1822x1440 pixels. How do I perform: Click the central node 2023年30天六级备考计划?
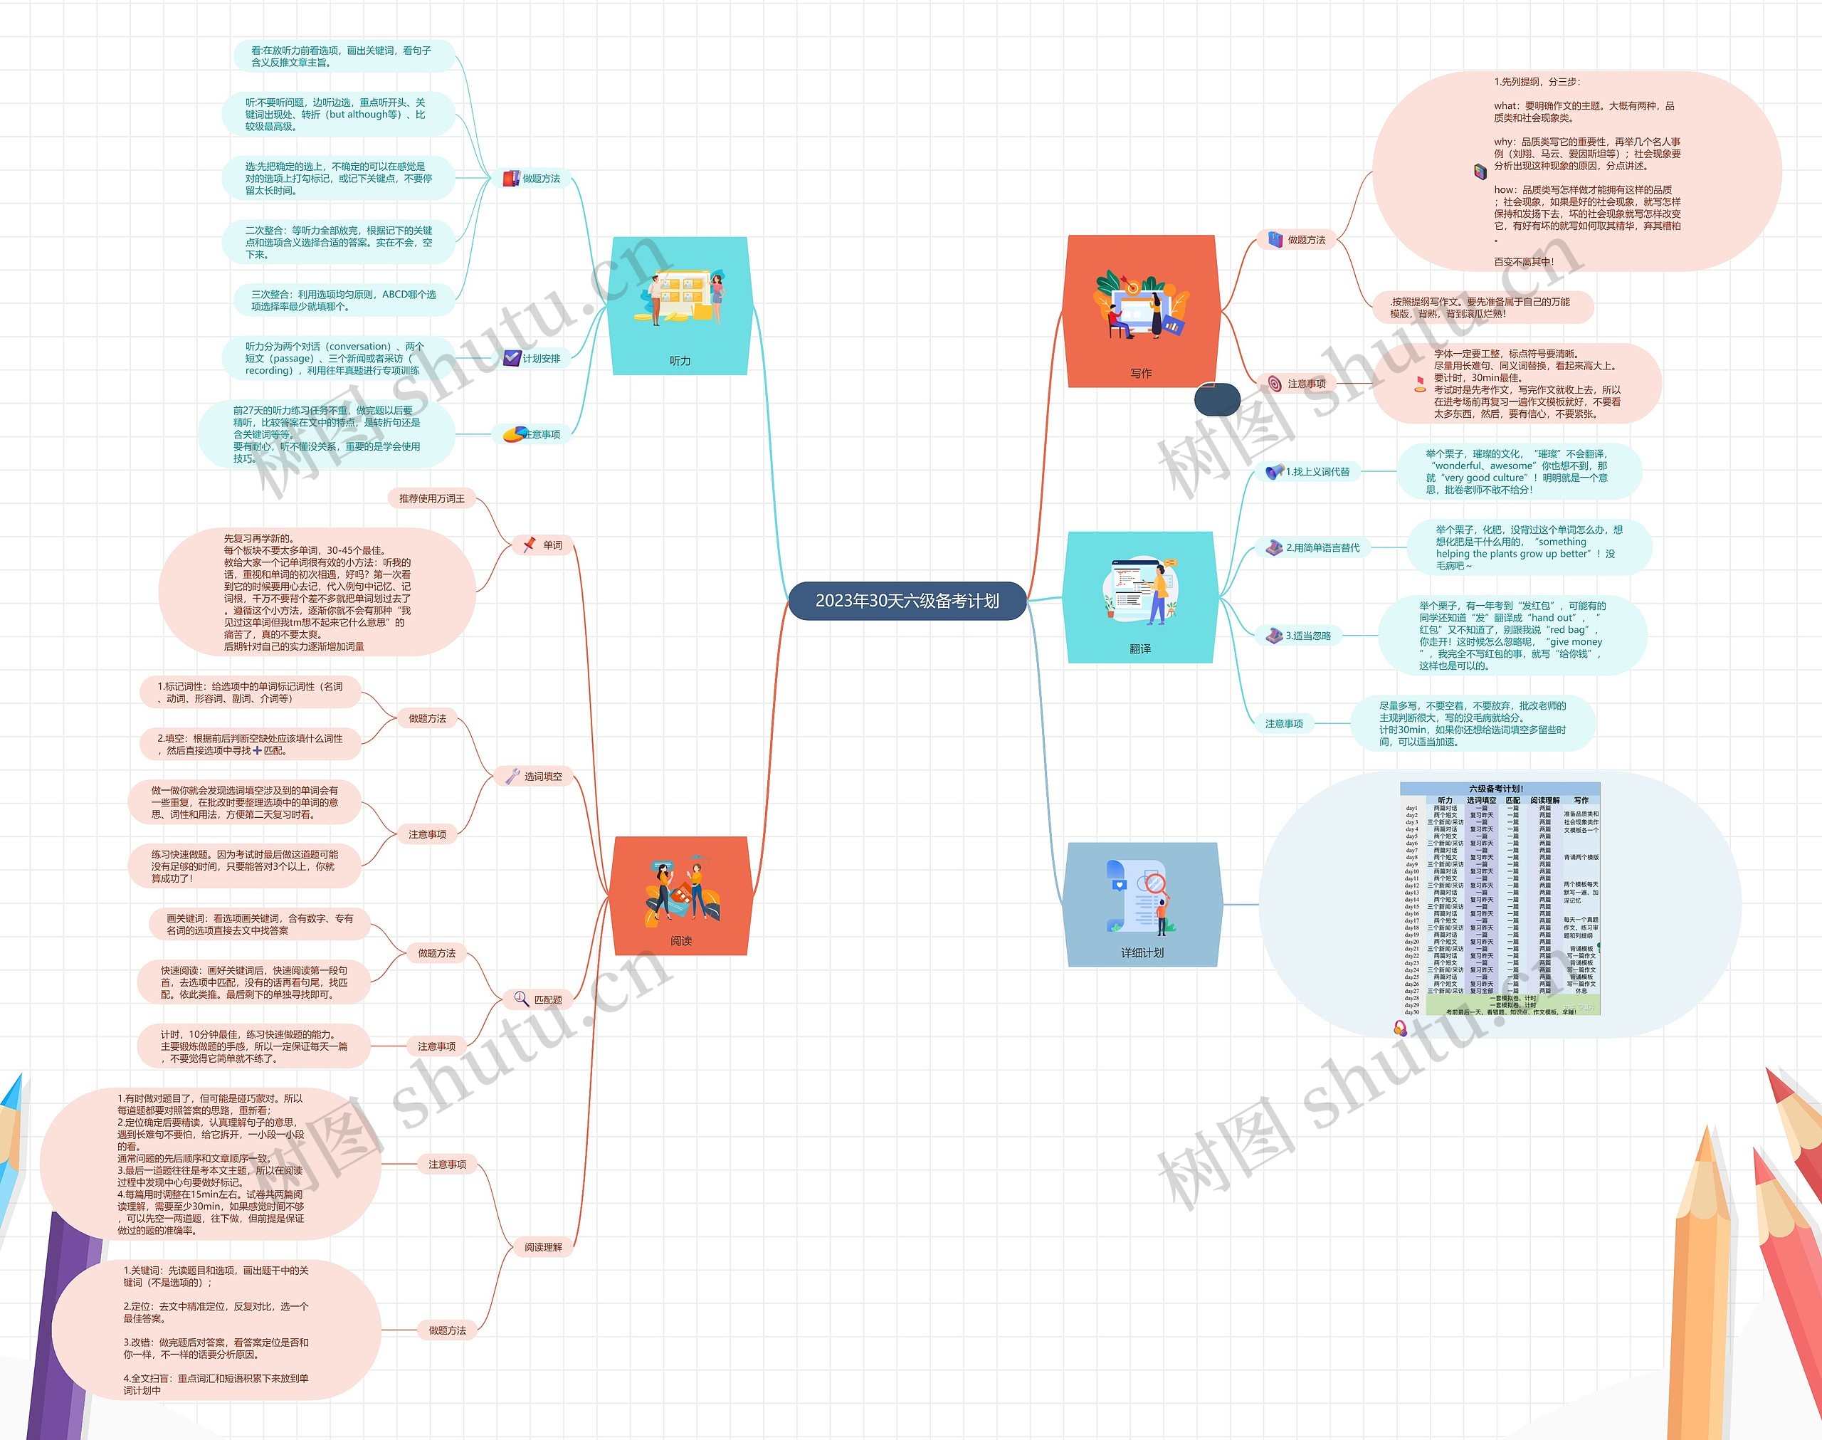pyautogui.click(x=907, y=601)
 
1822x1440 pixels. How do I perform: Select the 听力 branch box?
pyautogui.click(x=679, y=305)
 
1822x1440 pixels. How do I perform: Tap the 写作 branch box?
pyautogui.click(x=1141, y=311)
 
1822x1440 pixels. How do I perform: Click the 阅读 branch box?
pyautogui.click(x=681, y=895)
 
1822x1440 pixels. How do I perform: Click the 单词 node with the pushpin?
pyautogui.click(x=544, y=545)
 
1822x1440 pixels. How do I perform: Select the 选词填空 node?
pyautogui.click(x=535, y=777)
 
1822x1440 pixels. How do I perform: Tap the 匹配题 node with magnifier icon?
pyautogui.click(x=539, y=1000)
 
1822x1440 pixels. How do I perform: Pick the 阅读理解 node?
pyautogui.click(x=543, y=1247)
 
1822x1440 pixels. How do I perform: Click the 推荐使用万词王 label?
pyautogui.click(x=431, y=499)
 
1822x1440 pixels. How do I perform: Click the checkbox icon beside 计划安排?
pyautogui.click(x=512, y=358)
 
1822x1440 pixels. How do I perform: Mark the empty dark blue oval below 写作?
pyautogui.click(x=1217, y=399)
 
